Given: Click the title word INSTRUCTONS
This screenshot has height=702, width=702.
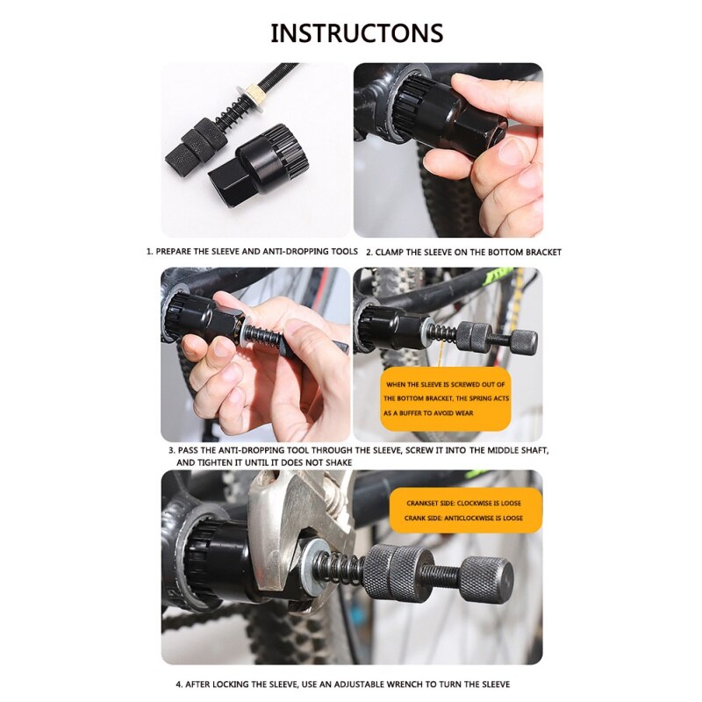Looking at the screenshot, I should pyautogui.click(x=357, y=33).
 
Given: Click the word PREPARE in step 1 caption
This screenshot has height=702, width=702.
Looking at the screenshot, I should pyautogui.click(x=179, y=251).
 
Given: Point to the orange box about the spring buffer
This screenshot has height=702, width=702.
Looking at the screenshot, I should pyautogui.click(x=445, y=398).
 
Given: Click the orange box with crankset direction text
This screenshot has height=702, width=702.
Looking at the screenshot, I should pyautogui.click(x=464, y=511).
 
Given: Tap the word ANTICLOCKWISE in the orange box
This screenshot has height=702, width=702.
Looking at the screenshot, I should pyautogui.click(x=470, y=518).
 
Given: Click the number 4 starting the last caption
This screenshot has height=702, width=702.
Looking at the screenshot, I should pyautogui.click(x=177, y=684).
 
